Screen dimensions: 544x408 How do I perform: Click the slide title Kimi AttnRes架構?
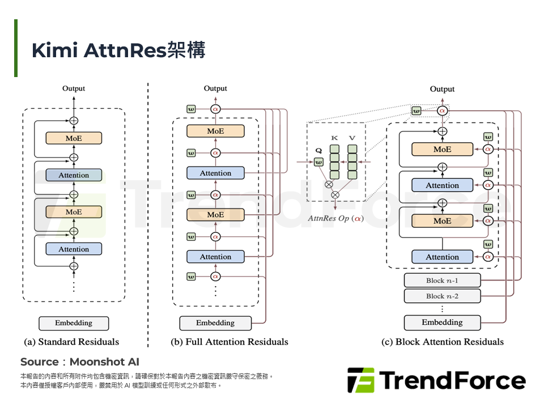[118, 50]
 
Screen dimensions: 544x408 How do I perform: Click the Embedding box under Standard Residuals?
[74, 323]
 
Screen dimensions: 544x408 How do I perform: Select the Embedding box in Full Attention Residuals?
[215, 323]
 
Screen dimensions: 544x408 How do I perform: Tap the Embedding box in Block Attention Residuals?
[443, 322]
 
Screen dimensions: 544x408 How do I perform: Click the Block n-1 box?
[443, 280]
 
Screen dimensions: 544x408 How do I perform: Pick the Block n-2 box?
[443, 296]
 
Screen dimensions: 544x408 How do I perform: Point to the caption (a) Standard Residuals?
[71, 342]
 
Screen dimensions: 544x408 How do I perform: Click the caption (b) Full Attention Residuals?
[229, 342]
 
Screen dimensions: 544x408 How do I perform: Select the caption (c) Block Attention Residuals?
[443, 342]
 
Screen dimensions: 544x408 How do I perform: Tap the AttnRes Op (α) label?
[336, 219]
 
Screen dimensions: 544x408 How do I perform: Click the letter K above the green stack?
[334, 138]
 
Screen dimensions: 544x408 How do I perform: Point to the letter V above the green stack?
[352, 138]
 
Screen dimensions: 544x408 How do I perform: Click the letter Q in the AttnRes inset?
[318, 151]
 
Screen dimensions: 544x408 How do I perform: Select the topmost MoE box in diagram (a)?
[74, 138]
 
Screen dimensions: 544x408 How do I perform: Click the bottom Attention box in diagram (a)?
[74, 249]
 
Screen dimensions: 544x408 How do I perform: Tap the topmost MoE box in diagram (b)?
[215, 131]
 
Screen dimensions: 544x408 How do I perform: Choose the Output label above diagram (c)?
[442, 89]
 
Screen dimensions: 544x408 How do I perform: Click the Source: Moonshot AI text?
[80, 362]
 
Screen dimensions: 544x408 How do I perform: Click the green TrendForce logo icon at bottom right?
[361, 380]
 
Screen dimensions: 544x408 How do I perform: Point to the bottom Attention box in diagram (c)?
[443, 257]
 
